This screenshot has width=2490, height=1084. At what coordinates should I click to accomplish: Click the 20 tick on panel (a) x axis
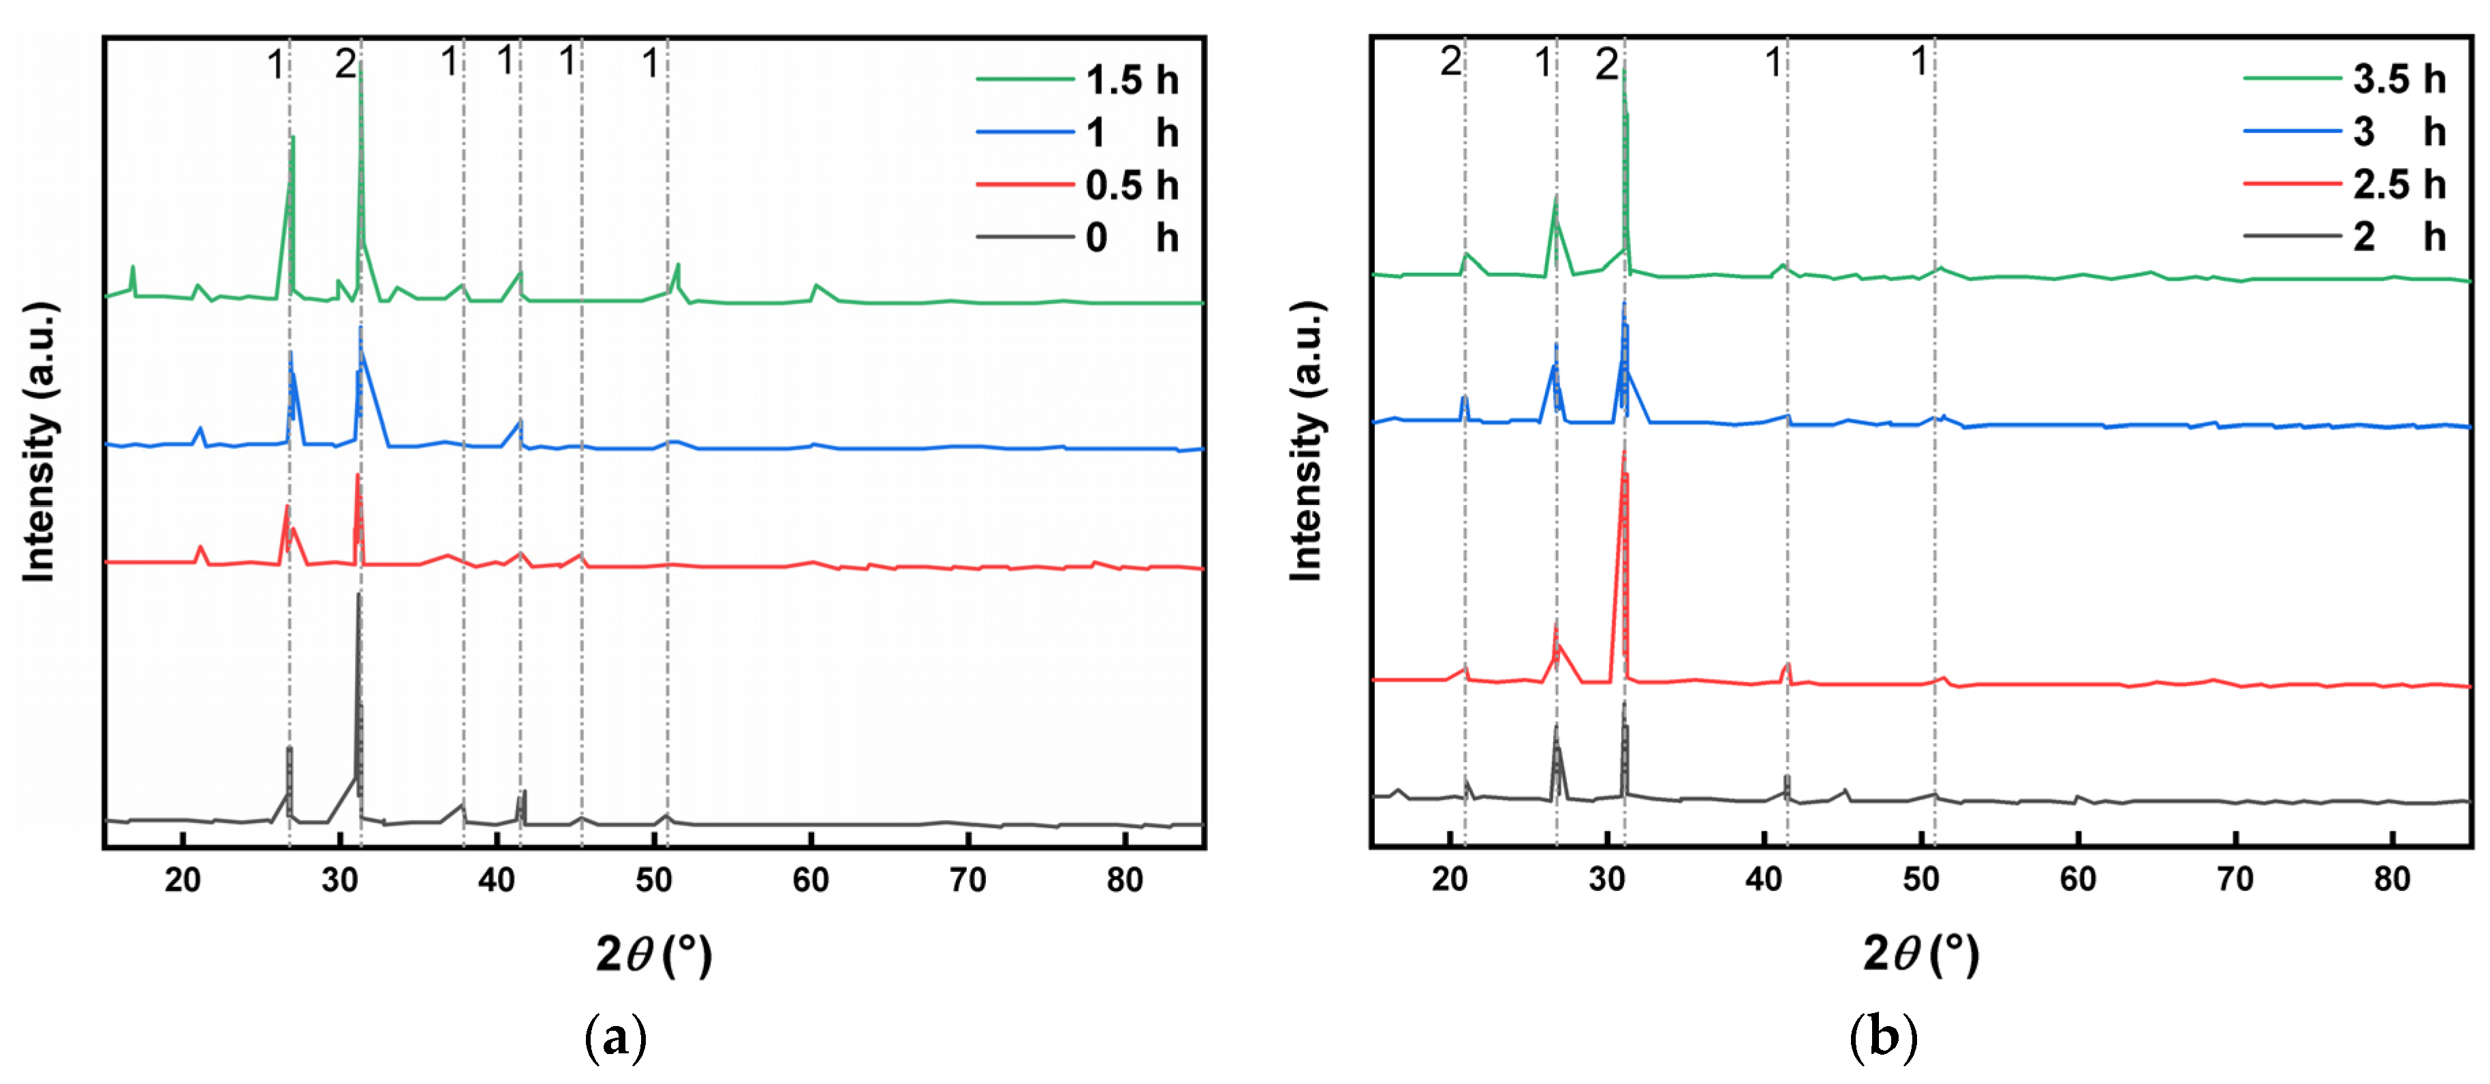coord(182,881)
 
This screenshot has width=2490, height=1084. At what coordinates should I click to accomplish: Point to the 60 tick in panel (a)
coord(810,881)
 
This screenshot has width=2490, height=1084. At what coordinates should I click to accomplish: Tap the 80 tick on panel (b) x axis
coord(2393,880)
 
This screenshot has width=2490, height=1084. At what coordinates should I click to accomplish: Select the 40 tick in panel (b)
coord(1764,880)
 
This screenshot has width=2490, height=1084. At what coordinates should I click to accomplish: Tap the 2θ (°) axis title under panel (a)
coord(653,955)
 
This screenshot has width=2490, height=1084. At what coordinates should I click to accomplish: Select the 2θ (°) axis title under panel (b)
coord(1920,955)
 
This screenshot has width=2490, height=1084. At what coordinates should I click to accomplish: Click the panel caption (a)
coord(616,1038)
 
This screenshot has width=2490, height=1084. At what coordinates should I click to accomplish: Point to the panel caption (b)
coord(1883,1038)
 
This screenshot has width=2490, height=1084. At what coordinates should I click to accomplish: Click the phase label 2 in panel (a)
coord(345,65)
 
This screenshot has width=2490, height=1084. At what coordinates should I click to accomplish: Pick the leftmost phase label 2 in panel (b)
coord(1451,62)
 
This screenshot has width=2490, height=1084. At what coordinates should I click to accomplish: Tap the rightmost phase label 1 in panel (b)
coord(1920,62)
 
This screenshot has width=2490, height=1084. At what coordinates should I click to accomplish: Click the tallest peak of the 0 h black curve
coord(358,594)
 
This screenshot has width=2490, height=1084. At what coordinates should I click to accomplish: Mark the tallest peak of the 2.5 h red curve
coord(1624,453)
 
